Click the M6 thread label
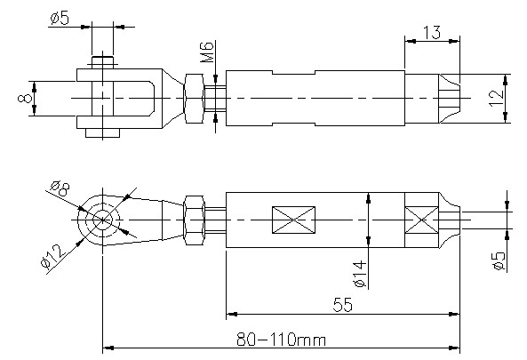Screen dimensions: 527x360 click(x=207, y=52)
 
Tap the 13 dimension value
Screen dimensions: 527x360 click(x=431, y=33)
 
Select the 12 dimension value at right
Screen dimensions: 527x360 click(x=498, y=98)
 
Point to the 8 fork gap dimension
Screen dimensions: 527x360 click(x=25, y=98)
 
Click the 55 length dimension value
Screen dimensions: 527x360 click(x=343, y=305)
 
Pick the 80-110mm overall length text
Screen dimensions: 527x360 click(x=282, y=340)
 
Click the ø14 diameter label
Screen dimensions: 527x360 click(x=360, y=274)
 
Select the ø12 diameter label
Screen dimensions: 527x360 click(x=52, y=256)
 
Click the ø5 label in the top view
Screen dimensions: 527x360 click(x=60, y=19)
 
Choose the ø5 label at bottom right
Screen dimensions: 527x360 click(x=499, y=260)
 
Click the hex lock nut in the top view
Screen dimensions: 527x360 click(x=194, y=98)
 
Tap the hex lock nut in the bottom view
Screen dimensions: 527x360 click(x=194, y=220)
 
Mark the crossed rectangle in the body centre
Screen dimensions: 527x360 click(x=293, y=220)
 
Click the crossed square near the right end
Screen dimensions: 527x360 click(x=422, y=220)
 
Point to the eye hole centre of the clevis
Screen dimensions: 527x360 click(x=102, y=220)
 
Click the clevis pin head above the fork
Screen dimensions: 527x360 click(x=102, y=62)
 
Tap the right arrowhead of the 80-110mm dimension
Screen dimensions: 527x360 click(x=454, y=348)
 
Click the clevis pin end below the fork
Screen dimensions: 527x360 click(x=102, y=132)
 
